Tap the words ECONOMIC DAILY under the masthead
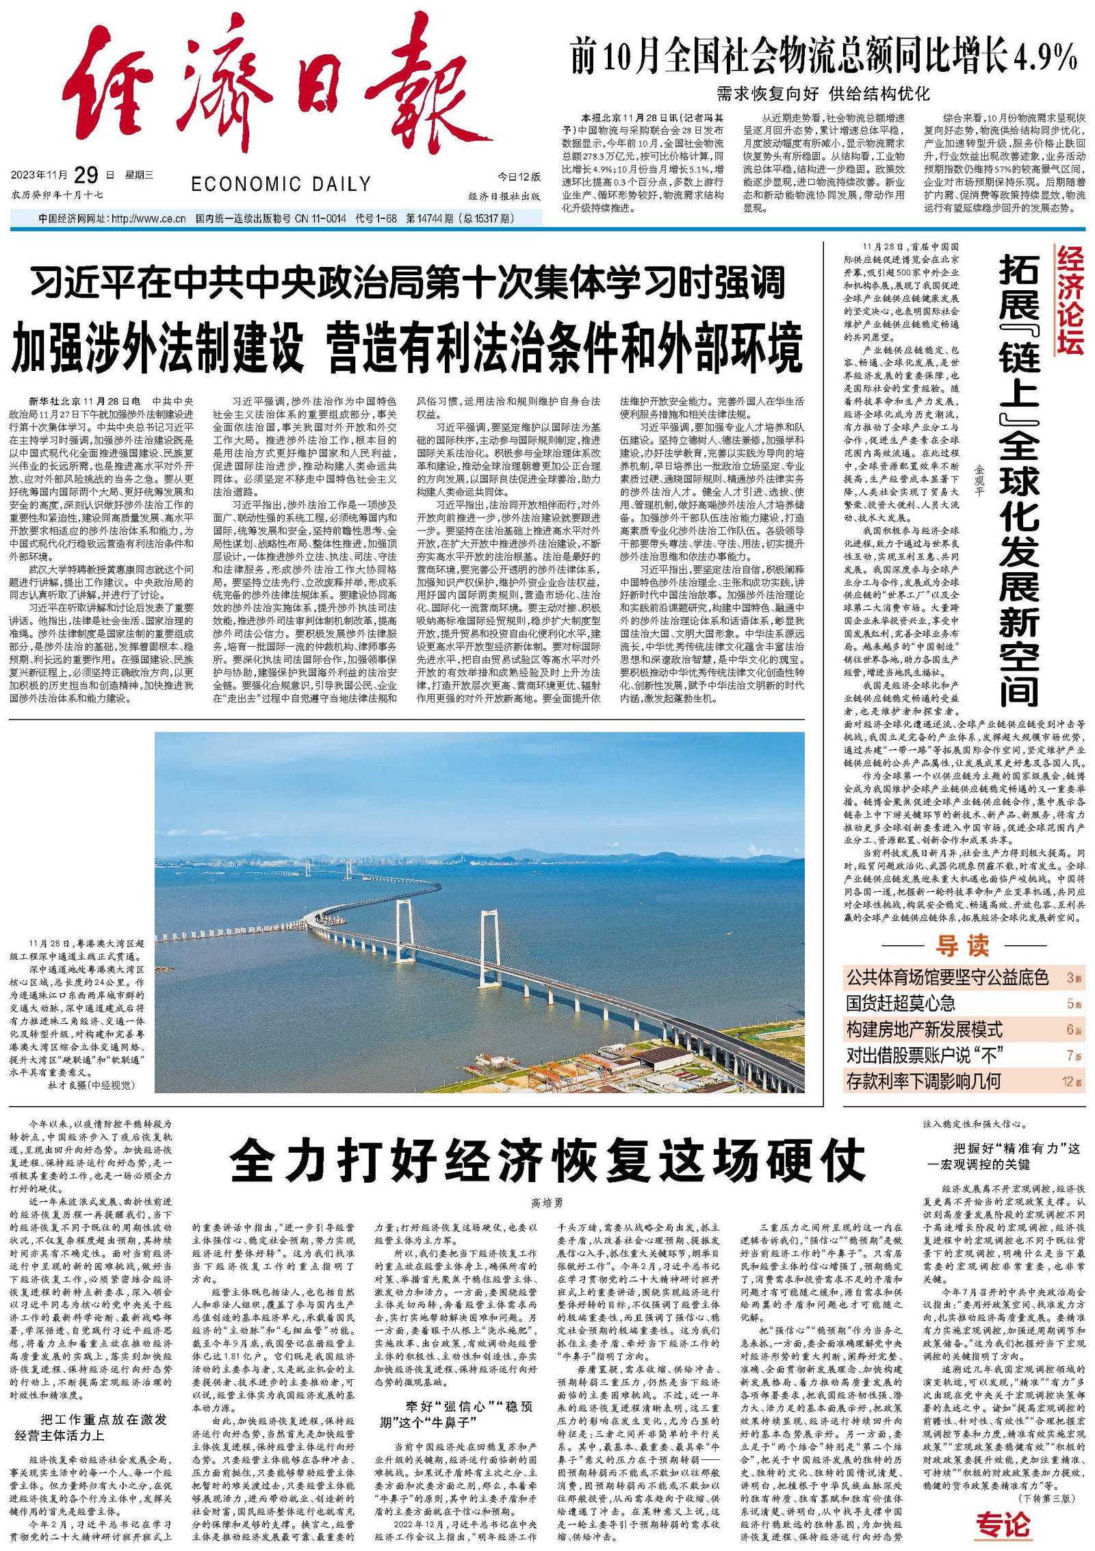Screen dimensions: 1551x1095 click(281, 184)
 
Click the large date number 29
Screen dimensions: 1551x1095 click(87, 176)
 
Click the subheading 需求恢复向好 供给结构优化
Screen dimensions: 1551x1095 click(823, 93)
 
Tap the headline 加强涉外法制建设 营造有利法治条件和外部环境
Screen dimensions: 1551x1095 click(407, 348)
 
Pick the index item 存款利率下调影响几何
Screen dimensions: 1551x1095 click(923, 1081)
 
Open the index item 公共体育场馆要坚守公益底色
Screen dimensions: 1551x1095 click(947, 977)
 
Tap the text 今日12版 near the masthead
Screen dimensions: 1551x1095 click(518, 177)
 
